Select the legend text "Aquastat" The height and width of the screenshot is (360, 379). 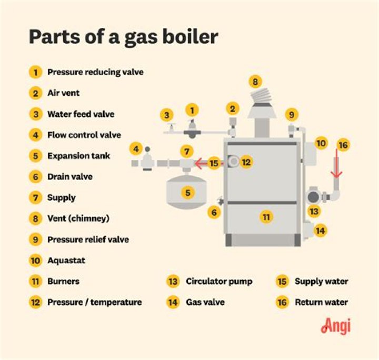pyautogui.click(x=66, y=260)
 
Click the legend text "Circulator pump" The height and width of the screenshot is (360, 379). pyautogui.click(x=218, y=281)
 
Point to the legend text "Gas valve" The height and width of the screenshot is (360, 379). pyautogui.click(x=205, y=302)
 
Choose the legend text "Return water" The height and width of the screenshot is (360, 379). pyautogui.click(x=321, y=302)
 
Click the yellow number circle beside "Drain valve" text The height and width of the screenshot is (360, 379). pyautogui.click(x=35, y=177)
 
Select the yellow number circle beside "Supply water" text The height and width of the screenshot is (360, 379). pyautogui.click(x=282, y=281)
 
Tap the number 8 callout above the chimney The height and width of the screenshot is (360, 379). pyautogui.click(x=255, y=82)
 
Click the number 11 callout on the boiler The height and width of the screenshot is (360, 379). pyautogui.click(x=266, y=216)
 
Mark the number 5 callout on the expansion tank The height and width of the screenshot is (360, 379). pyautogui.click(x=188, y=193)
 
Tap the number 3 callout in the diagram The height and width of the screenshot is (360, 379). pyautogui.click(x=167, y=115)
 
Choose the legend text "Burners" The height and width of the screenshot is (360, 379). pyautogui.click(x=63, y=281)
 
